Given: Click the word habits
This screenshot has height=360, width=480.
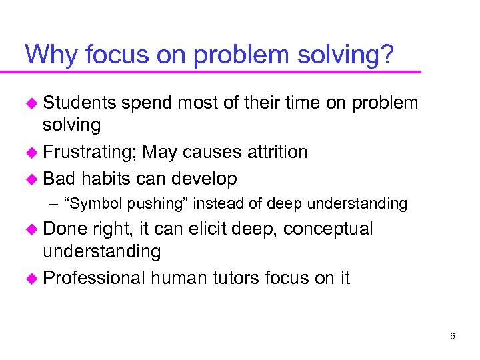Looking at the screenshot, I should pyautogui.click(x=108, y=179).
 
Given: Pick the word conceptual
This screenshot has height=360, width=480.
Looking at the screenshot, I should pyautogui.click(x=329, y=229).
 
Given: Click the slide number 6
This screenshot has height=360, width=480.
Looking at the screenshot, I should pyautogui.click(x=452, y=336).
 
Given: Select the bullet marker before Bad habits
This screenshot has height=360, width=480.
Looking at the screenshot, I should pyautogui.click(x=31, y=179).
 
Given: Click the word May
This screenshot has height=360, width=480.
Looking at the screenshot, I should pyautogui.click(x=160, y=152).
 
